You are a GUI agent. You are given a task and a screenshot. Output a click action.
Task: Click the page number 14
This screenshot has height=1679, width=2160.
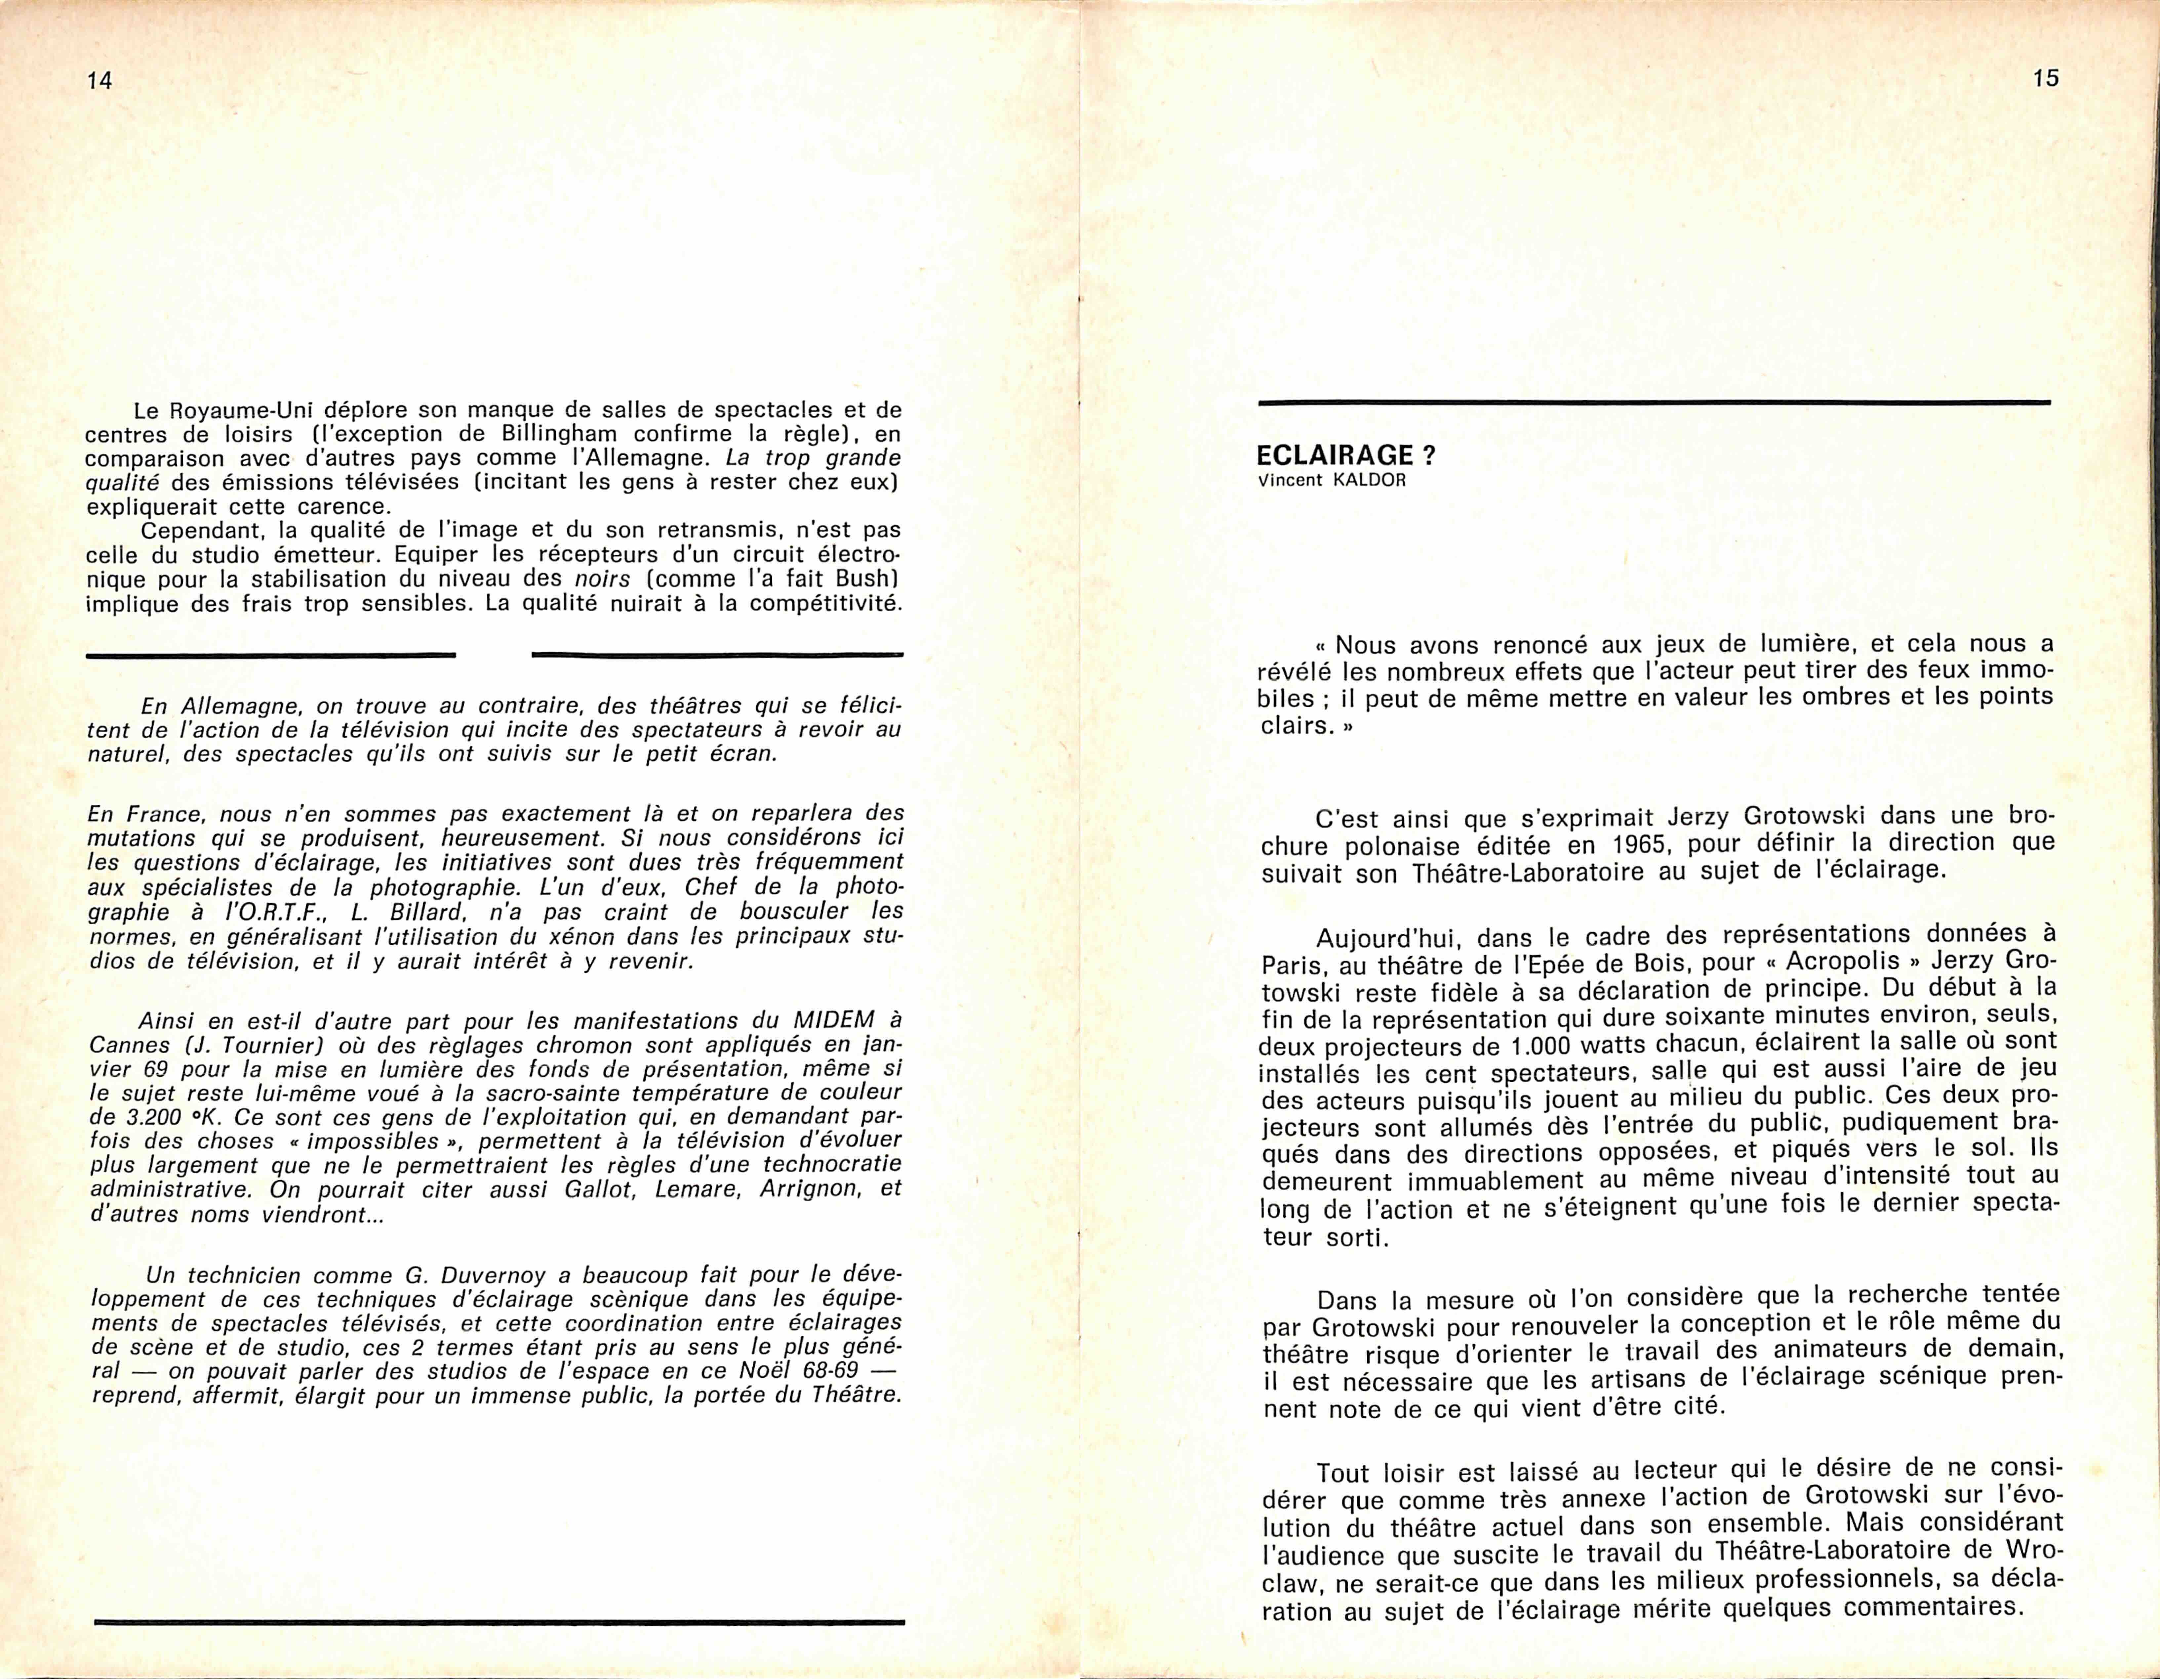tap(99, 81)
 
